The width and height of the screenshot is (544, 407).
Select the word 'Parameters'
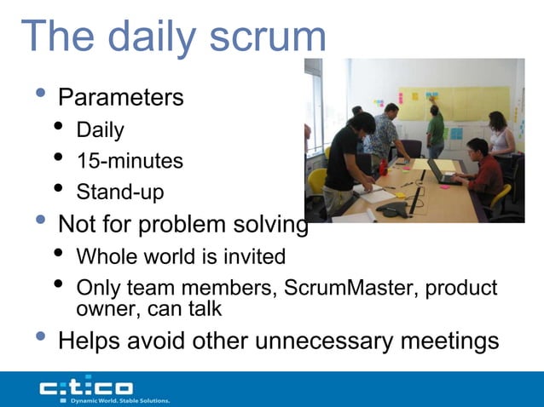pyautogui.click(x=120, y=97)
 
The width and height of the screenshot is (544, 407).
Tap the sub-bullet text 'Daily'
pyautogui.click(x=100, y=130)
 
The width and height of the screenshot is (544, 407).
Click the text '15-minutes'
pyautogui.click(x=130, y=161)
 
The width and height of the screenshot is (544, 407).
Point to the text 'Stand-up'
pyautogui.click(x=120, y=192)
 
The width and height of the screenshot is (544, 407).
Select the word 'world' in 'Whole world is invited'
pyautogui.click(x=167, y=256)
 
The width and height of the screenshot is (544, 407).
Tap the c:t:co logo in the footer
pyautogui.click(x=85, y=387)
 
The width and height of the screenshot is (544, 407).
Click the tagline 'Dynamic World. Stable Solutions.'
pyautogui.click(x=119, y=399)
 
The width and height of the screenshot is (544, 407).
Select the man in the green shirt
pyautogui.click(x=436, y=132)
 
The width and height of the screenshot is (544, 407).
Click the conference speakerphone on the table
pyautogui.click(x=394, y=211)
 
